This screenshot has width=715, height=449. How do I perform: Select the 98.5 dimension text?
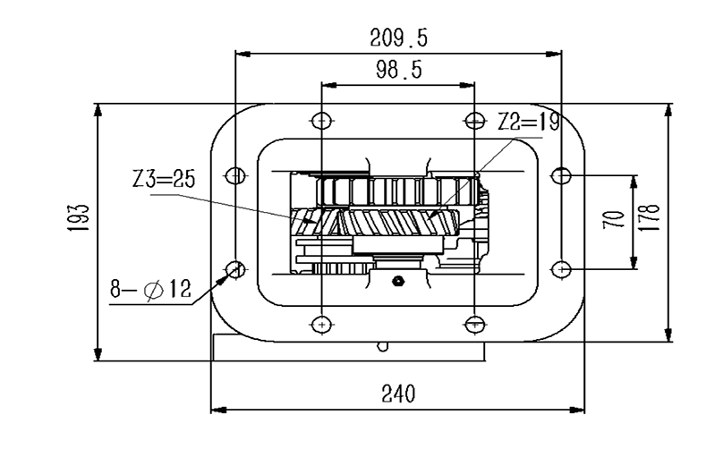pos(398,71)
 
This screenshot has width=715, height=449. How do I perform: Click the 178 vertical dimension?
pos(650,217)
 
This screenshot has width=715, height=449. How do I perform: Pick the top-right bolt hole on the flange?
pos(472,119)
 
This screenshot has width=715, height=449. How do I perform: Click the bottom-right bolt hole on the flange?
pos(472,323)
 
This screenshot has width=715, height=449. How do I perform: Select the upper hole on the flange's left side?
pos(234,175)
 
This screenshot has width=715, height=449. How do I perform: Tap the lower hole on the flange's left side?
pos(234,267)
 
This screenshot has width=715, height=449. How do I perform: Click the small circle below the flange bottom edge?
pos(382,346)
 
